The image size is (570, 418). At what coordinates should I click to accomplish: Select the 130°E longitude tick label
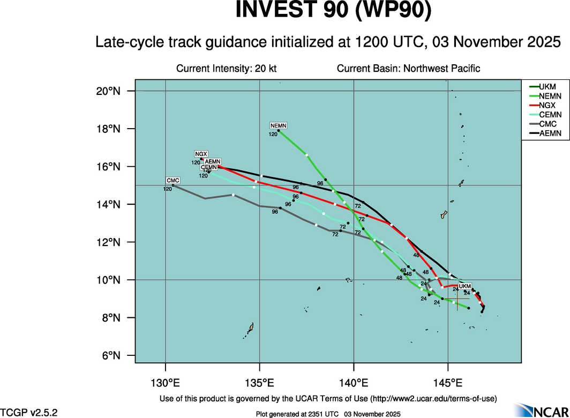coord(165,383)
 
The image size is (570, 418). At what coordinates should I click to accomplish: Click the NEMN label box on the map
coord(279,125)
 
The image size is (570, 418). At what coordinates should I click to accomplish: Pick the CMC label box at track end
coord(172,181)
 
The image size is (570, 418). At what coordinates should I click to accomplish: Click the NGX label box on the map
coord(201,154)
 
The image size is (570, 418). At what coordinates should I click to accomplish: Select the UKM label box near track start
coord(465,286)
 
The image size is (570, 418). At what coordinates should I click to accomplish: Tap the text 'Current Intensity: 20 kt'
coord(226,69)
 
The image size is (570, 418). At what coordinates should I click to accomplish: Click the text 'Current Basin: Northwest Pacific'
coord(408,69)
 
